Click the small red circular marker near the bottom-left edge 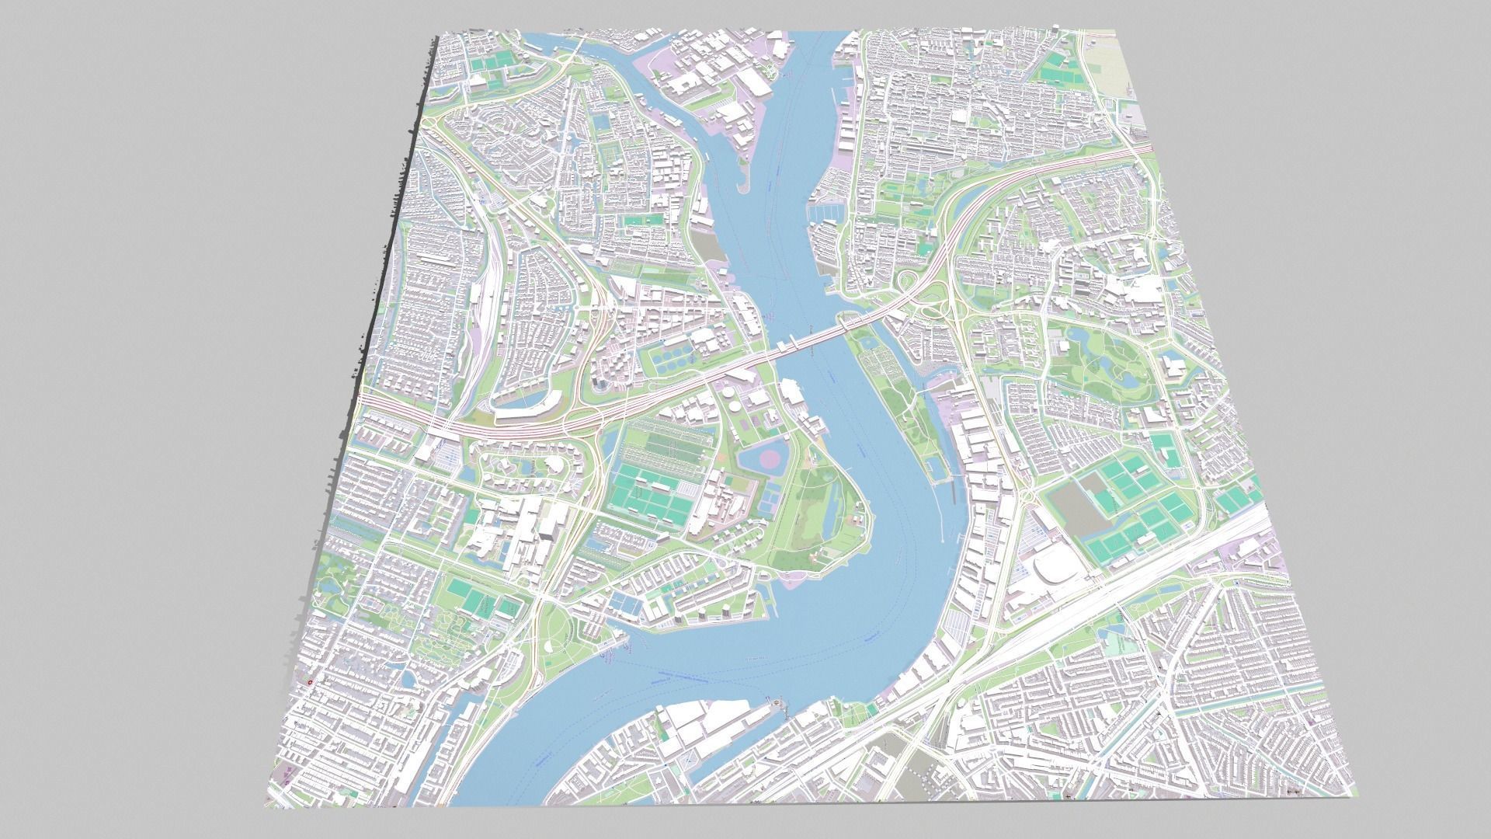310,682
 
